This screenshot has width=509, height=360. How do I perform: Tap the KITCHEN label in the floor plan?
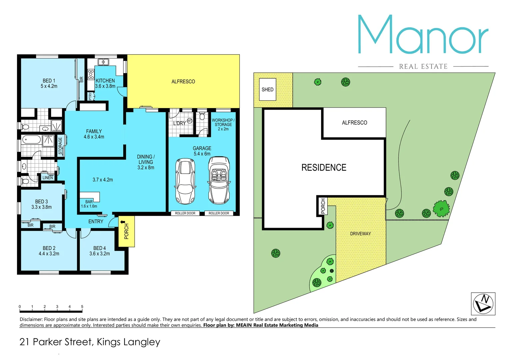pyautogui.click(x=105, y=81)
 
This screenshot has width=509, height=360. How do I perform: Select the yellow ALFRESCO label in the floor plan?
pyautogui.click(x=183, y=82)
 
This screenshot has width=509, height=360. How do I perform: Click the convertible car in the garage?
pyautogui.click(x=219, y=180)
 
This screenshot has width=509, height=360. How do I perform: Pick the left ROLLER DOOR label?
pyautogui.click(x=185, y=213)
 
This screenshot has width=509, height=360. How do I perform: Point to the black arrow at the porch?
pyautogui.click(x=123, y=222)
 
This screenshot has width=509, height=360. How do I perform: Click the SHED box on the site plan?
pyautogui.click(x=267, y=89)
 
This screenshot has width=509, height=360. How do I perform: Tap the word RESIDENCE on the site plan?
pyautogui.click(x=324, y=168)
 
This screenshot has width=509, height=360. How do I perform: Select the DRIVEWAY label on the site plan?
pyautogui.click(x=360, y=234)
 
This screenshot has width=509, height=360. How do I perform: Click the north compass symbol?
pyautogui.click(x=483, y=303)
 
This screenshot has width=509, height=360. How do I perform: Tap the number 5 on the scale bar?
pyautogui.click(x=82, y=307)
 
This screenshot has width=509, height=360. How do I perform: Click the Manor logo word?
pyautogui.click(x=423, y=35)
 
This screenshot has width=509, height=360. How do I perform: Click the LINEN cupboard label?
pyautogui.click(x=48, y=178)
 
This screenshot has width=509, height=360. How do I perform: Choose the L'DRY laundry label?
pyautogui.click(x=179, y=123)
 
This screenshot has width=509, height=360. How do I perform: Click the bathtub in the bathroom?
pyautogui.click(x=31, y=140)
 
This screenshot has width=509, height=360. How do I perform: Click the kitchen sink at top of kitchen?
pyautogui.click(x=103, y=62)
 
